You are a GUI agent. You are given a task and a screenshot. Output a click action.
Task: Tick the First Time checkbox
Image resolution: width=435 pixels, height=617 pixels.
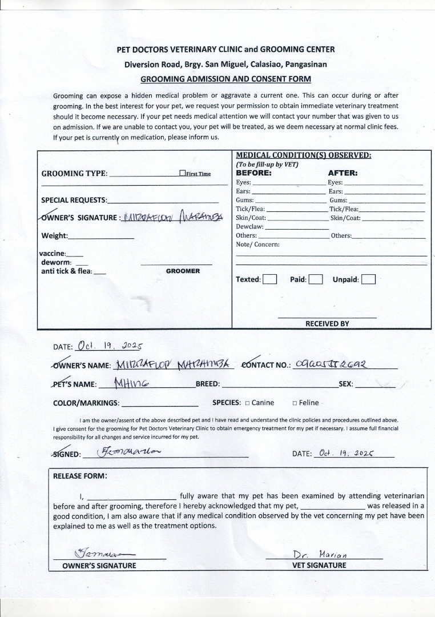click(182, 173)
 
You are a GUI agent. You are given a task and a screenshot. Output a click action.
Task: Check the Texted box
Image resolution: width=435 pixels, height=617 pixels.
click(270, 279)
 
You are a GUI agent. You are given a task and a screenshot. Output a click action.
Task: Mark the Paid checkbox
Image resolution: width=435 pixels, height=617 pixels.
click(316, 279)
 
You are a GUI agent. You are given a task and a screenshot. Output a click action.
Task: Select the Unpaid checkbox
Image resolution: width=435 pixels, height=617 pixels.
click(369, 279)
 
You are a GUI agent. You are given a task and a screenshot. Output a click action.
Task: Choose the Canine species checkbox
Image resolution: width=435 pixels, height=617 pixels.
click(248, 403)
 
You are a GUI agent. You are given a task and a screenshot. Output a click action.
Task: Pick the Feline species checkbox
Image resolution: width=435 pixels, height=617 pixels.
click(295, 403)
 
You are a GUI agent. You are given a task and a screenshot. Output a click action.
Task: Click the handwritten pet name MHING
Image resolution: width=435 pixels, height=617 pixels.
click(131, 383)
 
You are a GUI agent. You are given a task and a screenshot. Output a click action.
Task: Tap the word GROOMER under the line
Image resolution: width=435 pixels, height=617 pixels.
click(183, 271)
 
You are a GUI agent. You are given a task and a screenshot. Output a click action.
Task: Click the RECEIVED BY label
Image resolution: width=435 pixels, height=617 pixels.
click(327, 323)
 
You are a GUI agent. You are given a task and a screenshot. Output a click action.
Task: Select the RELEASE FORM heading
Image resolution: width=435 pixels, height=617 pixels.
click(80, 475)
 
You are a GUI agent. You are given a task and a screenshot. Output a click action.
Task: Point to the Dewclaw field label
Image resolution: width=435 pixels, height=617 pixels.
click(249, 227)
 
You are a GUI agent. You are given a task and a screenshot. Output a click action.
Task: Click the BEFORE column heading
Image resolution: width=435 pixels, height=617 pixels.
click(253, 173)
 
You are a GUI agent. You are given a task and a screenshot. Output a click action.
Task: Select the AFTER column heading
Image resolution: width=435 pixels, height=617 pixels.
click(343, 173)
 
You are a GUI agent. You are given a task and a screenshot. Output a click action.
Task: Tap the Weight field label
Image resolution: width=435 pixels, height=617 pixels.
click(54, 236)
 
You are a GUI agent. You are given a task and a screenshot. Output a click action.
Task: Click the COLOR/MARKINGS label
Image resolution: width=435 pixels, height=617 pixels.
click(86, 403)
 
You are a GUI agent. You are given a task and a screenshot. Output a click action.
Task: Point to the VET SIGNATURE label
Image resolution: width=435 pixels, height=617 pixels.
click(319, 565)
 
